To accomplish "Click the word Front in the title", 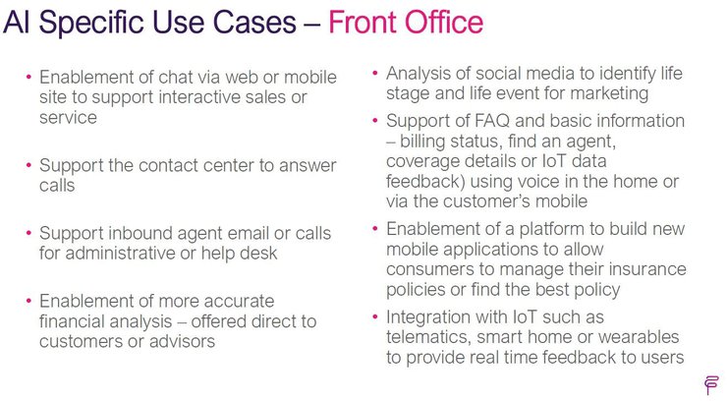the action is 363,22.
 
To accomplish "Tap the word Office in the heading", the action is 444,22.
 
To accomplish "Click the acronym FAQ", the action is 492,121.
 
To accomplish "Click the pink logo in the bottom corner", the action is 710,385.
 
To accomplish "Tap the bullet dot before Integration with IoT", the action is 375,316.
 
